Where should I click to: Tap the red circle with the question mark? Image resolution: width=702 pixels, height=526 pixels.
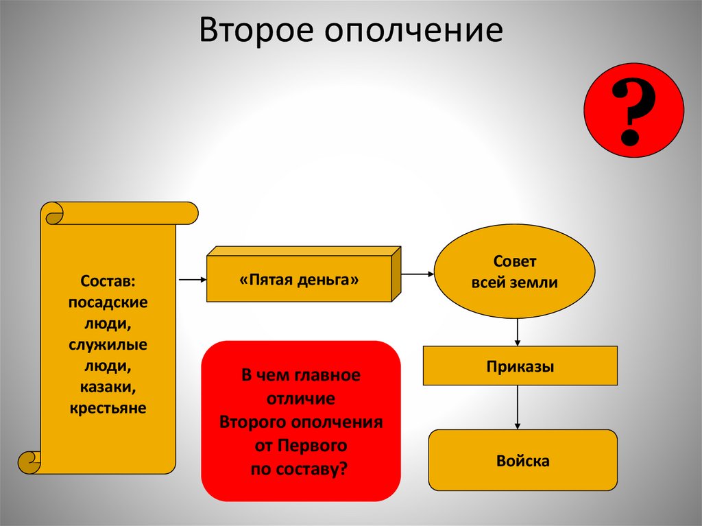(633, 110)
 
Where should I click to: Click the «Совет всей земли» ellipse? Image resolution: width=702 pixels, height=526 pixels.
(514, 272)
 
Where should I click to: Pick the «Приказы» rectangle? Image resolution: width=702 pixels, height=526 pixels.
(520, 366)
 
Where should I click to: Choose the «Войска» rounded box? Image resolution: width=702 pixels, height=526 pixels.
(523, 460)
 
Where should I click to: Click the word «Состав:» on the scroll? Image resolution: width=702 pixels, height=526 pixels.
(108, 280)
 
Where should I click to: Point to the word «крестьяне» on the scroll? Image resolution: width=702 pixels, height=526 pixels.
(108, 409)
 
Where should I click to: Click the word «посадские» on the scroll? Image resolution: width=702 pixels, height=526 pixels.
(108, 302)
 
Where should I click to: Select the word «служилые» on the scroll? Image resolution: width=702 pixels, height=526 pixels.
(108, 344)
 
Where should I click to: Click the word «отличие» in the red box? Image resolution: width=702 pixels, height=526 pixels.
(301, 399)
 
